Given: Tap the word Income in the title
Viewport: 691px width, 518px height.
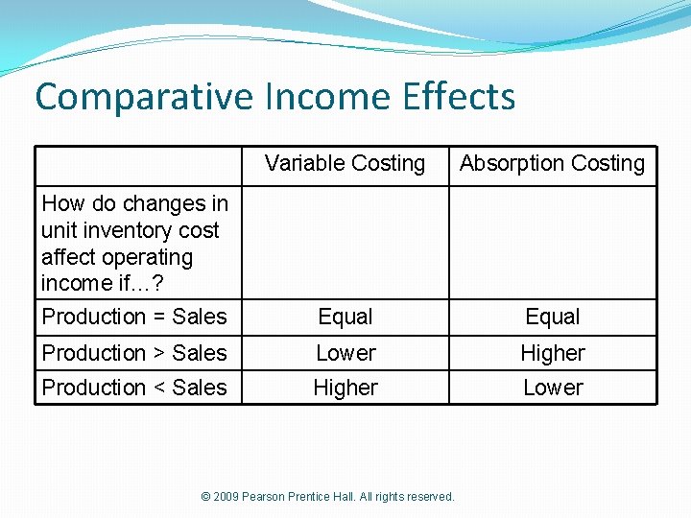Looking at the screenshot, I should pyautogui.click(x=304, y=97).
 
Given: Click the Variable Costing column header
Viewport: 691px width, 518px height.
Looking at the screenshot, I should pyautogui.click(x=345, y=164).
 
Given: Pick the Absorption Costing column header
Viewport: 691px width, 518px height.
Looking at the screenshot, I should pyautogui.click(x=552, y=164).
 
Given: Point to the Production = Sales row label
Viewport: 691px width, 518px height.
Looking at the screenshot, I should pyautogui.click(x=134, y=317).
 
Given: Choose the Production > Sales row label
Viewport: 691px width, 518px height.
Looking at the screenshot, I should pyautogui.click(x=134, y=353).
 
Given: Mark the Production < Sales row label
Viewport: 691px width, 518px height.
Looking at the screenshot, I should pyautogui.click(x=134, y=388).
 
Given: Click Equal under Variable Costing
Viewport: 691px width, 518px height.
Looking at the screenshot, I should pyautogui.click(x=345, y=317).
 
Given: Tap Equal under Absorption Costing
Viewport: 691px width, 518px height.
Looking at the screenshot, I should pyautogui.click(x=553, y=317).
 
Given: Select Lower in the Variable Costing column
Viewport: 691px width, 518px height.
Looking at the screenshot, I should pyautogui.click(x=345, y=353).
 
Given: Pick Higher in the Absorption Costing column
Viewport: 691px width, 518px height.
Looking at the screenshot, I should pyautogui.click(x=553, y=353).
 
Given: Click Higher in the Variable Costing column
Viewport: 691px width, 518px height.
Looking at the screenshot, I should pyautogui.click(x=345, y=388).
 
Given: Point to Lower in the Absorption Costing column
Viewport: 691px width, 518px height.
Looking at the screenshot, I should pyautogui.click(x=553, y=388).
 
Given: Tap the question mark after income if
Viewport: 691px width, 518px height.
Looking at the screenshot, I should pyautogui.click(x=157, y=284).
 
